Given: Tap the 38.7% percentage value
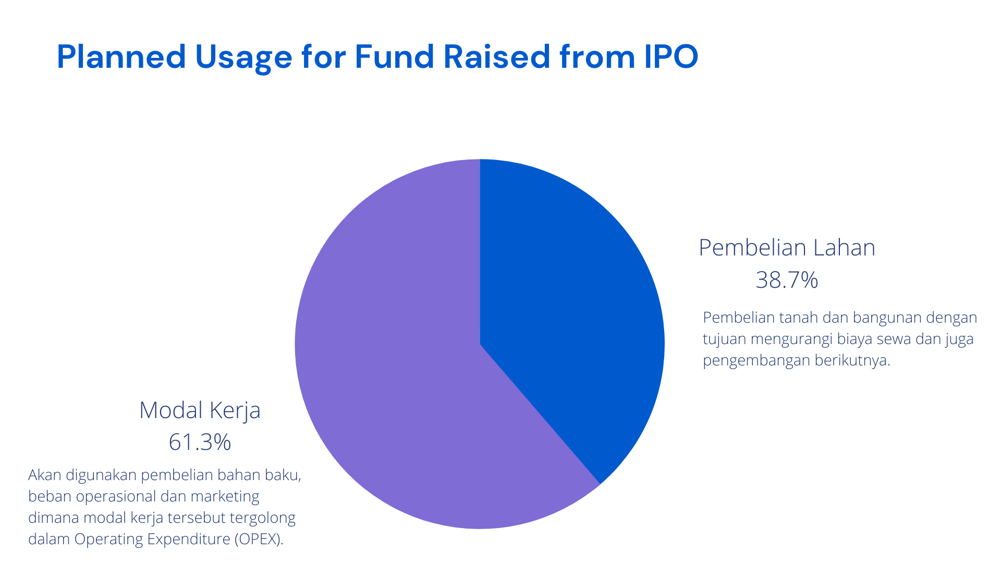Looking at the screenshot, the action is [787, 280].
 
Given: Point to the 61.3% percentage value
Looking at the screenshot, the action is [200, 442].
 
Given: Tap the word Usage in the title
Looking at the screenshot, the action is [243, 58].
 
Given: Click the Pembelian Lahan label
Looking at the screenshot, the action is [787, 248].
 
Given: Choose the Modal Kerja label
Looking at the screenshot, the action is [200, 410].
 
